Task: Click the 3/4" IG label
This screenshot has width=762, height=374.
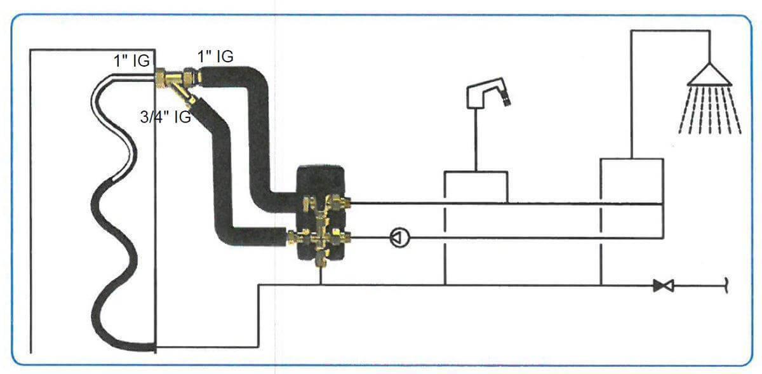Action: [165, 117]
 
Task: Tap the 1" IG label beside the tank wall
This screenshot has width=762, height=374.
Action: [131, 61]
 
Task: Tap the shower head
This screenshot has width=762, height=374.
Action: [710, 76]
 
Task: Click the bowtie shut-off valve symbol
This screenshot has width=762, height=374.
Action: [664, 286]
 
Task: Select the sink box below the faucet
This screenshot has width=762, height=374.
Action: [476, 187]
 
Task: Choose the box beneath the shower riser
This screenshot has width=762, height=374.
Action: [631, 180]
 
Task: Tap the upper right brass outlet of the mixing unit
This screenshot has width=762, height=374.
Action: [344, 204]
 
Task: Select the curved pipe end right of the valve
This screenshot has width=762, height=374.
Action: [725, 286]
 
